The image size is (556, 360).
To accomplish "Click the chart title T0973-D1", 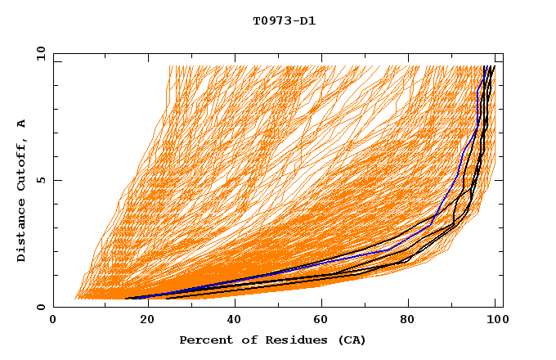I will coord(284,21).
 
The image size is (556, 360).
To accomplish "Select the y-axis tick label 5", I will coord(40,180).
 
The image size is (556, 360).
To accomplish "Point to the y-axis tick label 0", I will coord(40,307).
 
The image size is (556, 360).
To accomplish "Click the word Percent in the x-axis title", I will coord(203,340).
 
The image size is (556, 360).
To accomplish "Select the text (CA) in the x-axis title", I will coord(352,340).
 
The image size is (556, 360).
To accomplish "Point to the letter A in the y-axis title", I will coord(22,124).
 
